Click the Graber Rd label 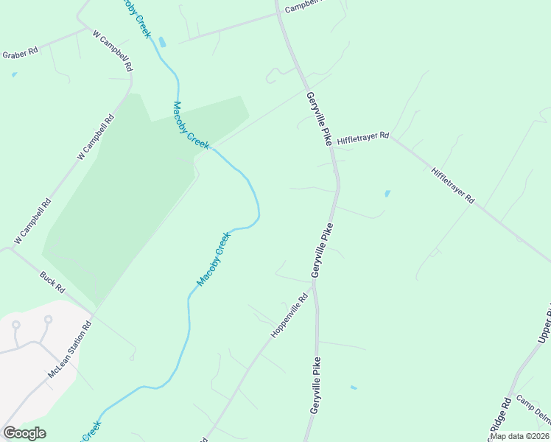20,55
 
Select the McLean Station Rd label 69,349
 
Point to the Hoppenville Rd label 289,316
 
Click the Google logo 24,433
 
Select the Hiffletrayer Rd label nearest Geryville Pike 362,138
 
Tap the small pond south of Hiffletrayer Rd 387,194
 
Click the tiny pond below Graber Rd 14,74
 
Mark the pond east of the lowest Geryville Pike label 354,387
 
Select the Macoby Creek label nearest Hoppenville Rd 214,259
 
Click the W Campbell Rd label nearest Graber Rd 113,50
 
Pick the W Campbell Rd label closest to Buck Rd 32,221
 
